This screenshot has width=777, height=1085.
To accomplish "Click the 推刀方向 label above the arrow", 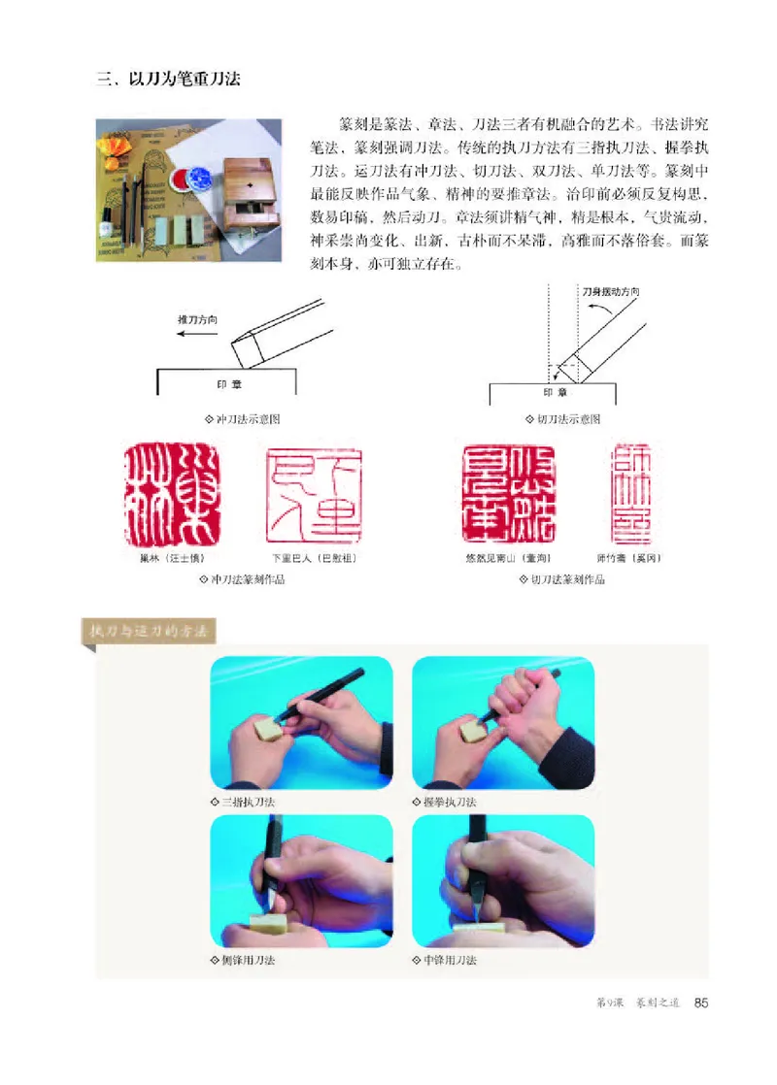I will tap(196, 318).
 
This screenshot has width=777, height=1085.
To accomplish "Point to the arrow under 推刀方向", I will tap(195, 332).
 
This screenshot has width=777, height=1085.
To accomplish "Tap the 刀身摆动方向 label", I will tap(610, 292).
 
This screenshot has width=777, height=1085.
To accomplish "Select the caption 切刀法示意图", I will tap(560, 419).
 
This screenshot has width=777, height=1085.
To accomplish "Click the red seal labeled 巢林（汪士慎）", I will tap(174, 495).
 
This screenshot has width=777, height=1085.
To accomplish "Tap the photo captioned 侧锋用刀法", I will tap(301, 879).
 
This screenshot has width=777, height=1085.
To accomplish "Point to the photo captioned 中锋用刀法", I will tap(503, 879).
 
